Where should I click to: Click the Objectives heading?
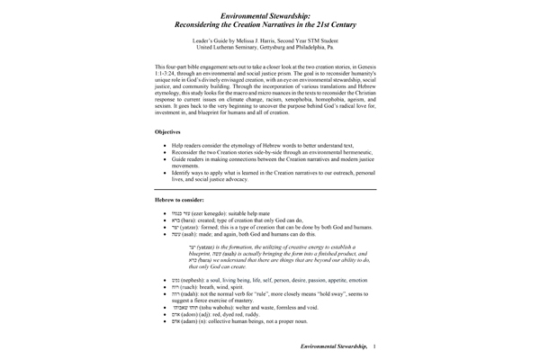(172, 131)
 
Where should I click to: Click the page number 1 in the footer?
(374, 346)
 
